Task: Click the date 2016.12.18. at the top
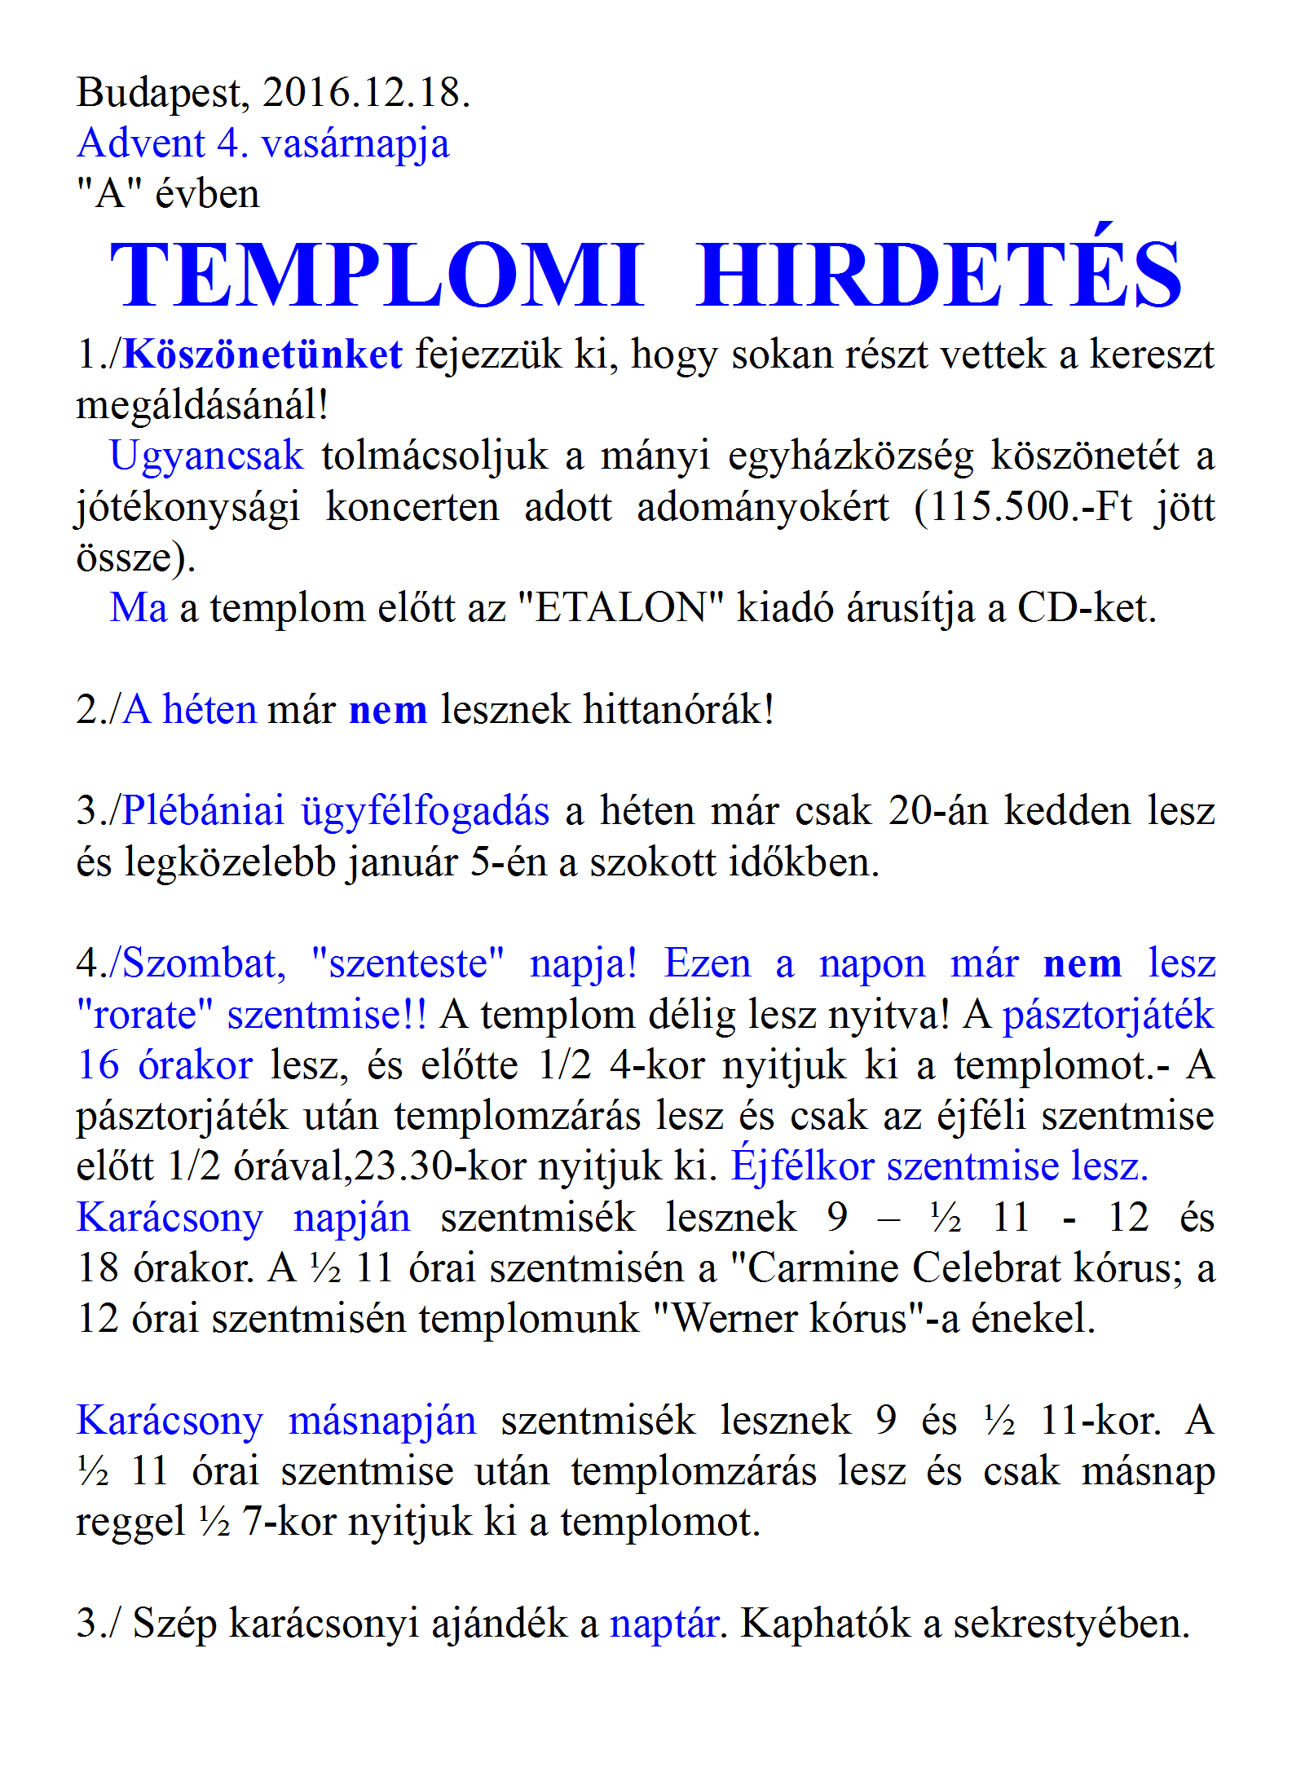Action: tap(366, 92)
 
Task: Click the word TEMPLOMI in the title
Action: tap(377, 275)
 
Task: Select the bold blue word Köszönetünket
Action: tap(262, 355)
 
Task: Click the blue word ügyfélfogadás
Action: tap(425, 811)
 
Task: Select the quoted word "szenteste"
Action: tap(408, 963)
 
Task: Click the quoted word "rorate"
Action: tap(144, 1015)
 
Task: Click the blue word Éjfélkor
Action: tap(802, 1166)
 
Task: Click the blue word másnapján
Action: tap(382, 1421)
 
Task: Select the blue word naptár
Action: tap(664, 1624)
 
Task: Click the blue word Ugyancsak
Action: tap(206, 456)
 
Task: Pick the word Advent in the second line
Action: tap(140, 143)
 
